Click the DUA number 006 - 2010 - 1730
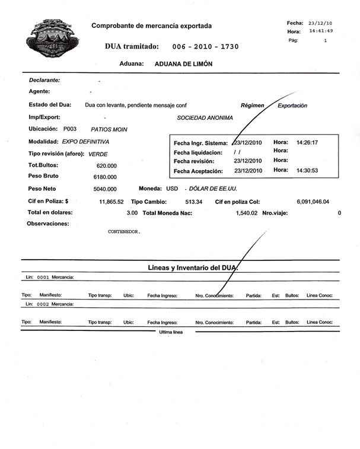coord(205,46)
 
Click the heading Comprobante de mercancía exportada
coord(151,26)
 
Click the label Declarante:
coord(44,79)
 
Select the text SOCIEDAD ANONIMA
coord(205,117)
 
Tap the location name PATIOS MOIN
coord(109,129)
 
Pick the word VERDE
coord(98,154)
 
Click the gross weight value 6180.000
coord(105,177)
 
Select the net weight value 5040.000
coord(105,189)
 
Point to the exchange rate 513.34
coord(194,202)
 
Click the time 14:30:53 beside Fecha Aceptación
coord(307,171)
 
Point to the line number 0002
coord(43,304)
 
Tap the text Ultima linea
coord(171,332)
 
